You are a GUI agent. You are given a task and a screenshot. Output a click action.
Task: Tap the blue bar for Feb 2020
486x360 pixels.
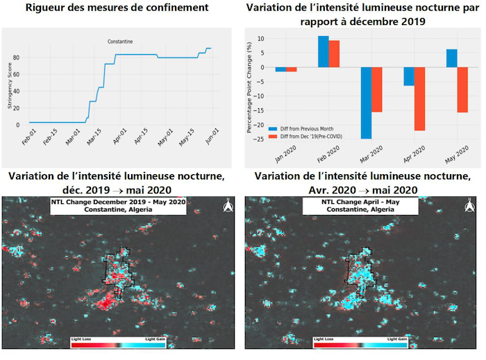(324, 51)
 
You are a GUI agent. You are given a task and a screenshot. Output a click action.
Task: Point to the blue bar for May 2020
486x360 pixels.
(451, 58)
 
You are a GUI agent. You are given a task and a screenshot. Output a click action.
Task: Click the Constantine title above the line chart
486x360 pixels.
(120, 42)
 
